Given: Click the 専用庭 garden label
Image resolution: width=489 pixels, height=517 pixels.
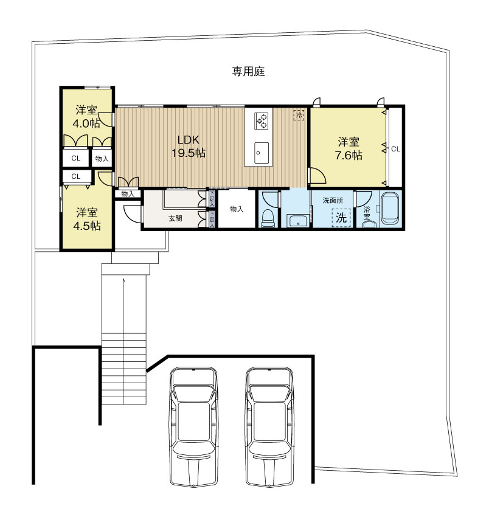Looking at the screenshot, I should point(248,72).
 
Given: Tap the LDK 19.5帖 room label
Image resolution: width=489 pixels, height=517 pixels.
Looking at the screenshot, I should point(188,146).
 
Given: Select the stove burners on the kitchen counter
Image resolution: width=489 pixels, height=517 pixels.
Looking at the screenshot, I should point(262,120).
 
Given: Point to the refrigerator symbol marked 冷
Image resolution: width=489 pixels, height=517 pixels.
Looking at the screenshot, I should point(299,114).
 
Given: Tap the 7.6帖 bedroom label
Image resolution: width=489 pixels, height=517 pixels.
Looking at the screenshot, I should point(348,149).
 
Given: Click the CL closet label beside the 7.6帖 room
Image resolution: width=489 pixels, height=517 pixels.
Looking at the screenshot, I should point(395,148).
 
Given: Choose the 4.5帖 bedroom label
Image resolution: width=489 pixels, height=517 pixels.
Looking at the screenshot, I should point(87,219).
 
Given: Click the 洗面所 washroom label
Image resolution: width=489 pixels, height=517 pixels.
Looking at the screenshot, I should point(332,200).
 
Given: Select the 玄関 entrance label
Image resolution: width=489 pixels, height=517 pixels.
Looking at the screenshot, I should point(175,218).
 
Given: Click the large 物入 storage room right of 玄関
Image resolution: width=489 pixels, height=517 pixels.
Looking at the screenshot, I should point(237,209).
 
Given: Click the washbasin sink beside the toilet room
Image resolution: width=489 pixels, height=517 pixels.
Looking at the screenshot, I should point(296,221).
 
